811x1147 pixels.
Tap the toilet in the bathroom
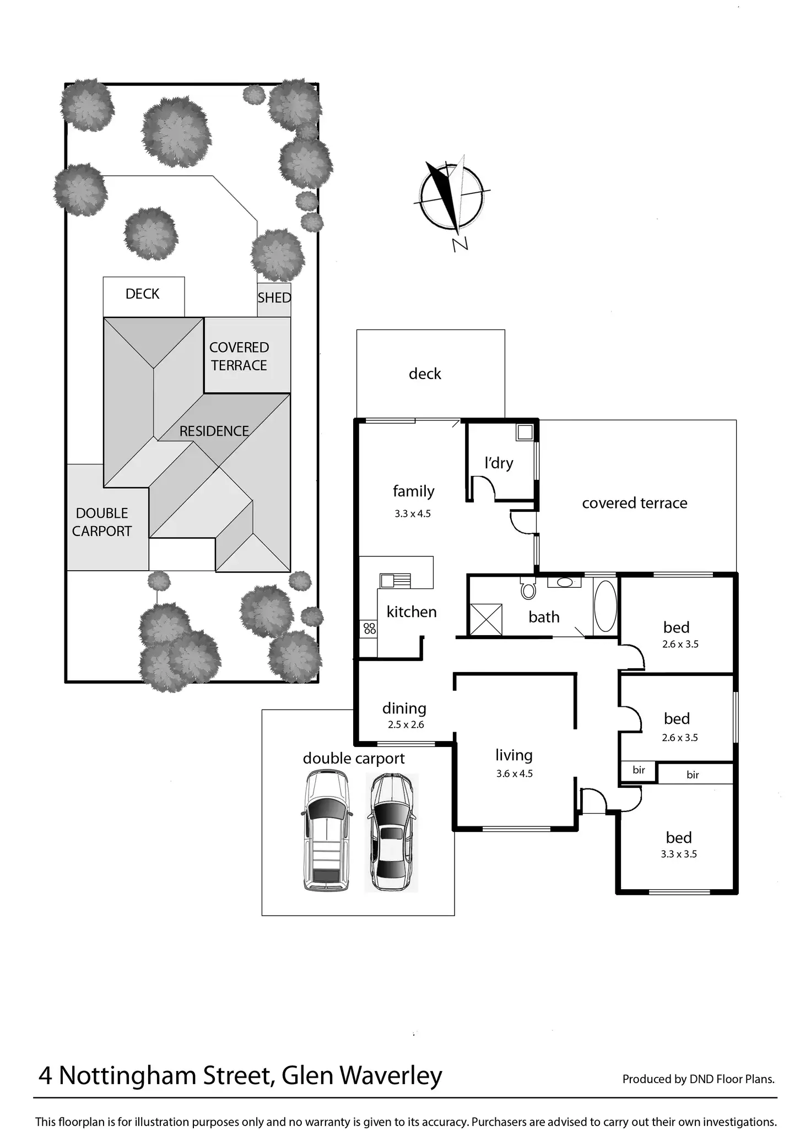tap(528, 588)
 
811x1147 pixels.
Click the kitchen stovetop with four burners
tap(370, 629)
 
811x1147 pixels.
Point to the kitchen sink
tap(395, 581)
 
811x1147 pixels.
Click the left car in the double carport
tap(326, 830)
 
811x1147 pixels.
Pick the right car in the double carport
tap(392, 832)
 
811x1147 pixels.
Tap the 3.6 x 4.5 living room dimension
tap(515, 773)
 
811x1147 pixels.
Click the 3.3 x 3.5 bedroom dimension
tap(679, 854)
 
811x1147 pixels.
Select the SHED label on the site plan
tap(274, 298)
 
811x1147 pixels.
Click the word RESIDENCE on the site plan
tap(214, 431)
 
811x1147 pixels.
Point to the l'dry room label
tap(499, 463)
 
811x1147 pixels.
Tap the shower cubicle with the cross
tap(485, 620)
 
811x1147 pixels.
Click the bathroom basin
tap(564, 582)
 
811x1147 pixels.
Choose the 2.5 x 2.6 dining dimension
tap(406, 724)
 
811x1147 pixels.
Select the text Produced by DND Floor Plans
tap(699, 1079)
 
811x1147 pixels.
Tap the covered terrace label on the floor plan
tap(635, 502)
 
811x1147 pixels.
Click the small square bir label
tap(639, 770)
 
